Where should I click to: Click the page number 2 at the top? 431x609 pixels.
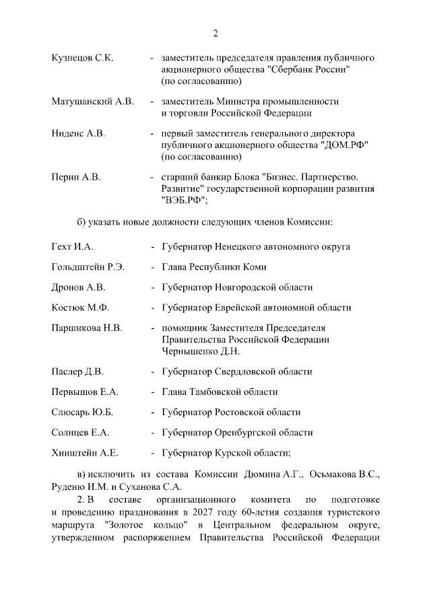215,34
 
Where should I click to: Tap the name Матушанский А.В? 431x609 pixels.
92,102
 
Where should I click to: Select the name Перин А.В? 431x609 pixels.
75,177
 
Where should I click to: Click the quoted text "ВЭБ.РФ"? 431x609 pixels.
183,200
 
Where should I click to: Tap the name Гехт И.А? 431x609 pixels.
71,247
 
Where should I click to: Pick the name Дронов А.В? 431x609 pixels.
78,287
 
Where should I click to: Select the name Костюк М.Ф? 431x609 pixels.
79,308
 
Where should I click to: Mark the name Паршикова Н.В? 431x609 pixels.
86,328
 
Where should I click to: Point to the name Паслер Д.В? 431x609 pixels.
77,371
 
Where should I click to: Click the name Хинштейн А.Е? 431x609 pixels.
85,453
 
